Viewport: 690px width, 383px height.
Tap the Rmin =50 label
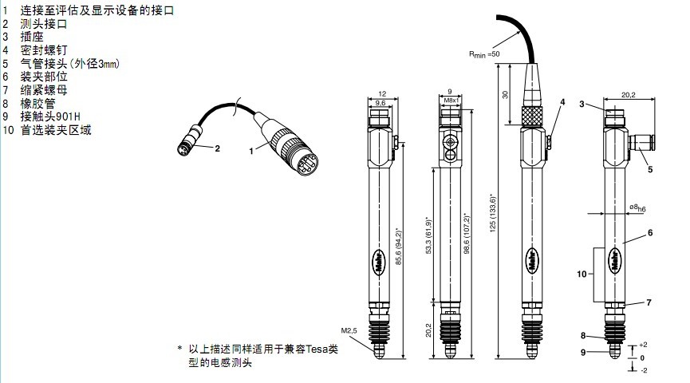[483, 53]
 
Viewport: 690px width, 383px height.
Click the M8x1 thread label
[451, 101]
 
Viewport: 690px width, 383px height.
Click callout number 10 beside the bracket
[582, 274]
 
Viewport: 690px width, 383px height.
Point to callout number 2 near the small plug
[216, 148]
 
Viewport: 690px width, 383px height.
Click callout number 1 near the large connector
[250, 149]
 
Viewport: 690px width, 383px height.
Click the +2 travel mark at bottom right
[642, 345]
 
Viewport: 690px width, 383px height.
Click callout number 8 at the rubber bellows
[583, 336]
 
